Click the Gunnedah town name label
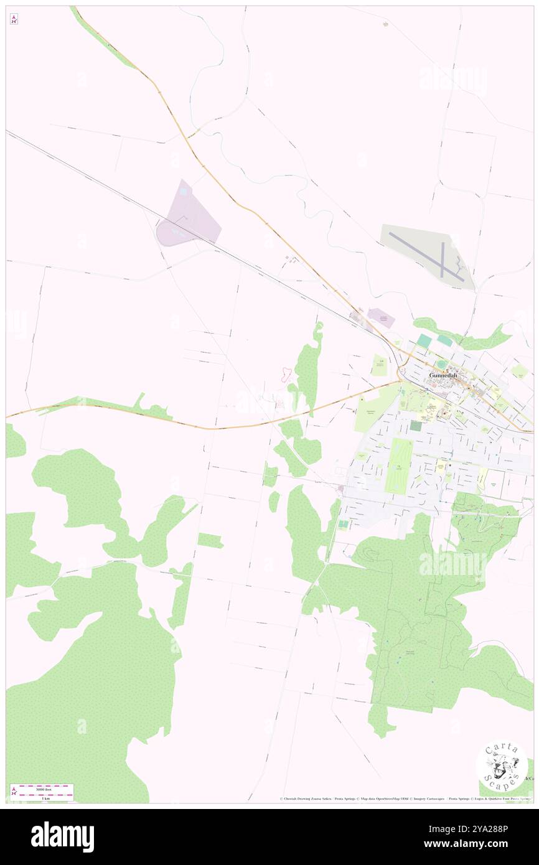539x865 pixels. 446,375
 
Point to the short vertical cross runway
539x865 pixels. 443,259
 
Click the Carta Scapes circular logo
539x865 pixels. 502,765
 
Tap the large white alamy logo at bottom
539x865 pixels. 62,837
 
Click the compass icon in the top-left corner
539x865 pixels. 14,19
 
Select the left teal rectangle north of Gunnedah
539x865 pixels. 424,341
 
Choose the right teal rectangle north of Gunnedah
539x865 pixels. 445,340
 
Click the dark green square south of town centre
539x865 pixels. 415,426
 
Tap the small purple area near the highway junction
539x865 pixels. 380,319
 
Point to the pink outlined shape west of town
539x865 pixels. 286,374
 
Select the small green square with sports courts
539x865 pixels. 343,525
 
